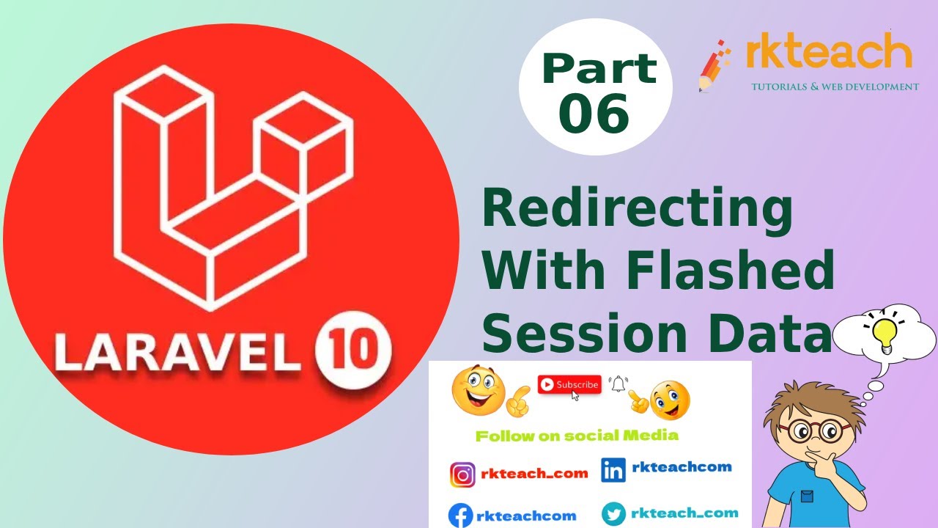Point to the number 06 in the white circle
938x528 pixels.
click(x=594, y=113)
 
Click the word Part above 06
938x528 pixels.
click(x=599, y=68)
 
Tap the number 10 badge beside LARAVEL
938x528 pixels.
click(x=353, y=352)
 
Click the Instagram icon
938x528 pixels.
click(x=462, y=474)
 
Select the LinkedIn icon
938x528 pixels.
click(x=613, y=470)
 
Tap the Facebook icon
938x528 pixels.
click(x=460, y=516)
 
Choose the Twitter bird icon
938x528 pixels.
click(x=613, y=514)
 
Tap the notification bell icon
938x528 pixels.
click(x=619, y=384)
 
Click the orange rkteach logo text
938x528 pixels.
click(x=828, y=54)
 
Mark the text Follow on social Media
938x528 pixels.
click(x=577, y=436)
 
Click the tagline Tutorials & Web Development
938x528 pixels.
click(x=835, y=87)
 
